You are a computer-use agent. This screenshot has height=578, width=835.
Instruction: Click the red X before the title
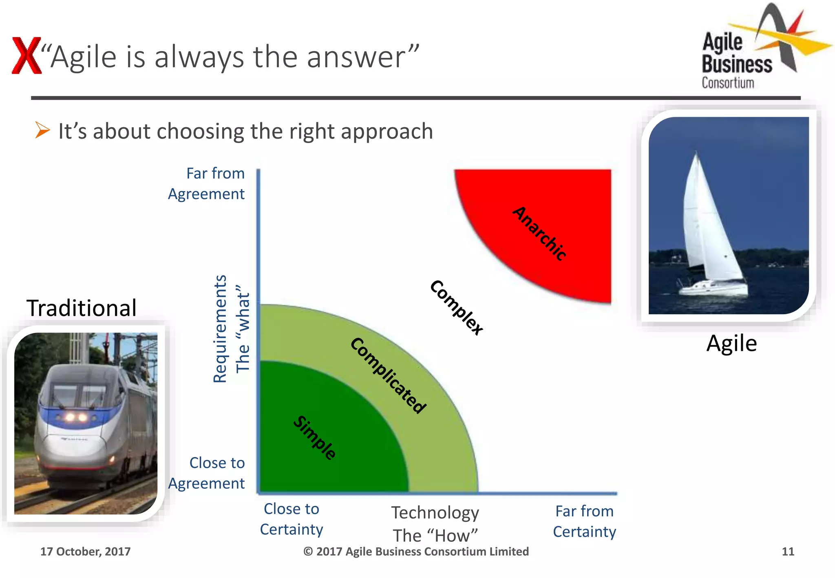point(27,55)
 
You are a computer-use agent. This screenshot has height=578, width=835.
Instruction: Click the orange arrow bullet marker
point(42,130)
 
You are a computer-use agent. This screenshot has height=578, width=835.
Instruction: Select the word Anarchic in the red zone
point(539,233)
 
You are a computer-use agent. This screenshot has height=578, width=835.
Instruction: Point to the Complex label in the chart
point(457,307)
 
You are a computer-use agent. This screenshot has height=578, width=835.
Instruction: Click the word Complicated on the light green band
point(388,375)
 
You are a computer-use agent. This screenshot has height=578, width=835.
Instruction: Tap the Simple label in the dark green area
point(315,438)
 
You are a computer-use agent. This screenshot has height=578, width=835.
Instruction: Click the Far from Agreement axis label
point(207,183)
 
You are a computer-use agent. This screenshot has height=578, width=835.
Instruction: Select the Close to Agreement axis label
point(207,473)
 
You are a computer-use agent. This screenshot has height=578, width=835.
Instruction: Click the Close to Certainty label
point(292,519)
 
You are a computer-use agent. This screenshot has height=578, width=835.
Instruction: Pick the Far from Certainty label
point(584,521)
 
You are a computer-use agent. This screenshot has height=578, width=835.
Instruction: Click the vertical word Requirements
point(220,329)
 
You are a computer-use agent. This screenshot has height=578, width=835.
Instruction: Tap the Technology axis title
point(435,512)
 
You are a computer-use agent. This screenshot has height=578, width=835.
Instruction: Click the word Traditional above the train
point(82,308)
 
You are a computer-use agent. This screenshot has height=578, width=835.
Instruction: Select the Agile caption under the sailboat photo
point(731,343)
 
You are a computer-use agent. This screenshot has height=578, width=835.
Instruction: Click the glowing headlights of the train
point(75,417)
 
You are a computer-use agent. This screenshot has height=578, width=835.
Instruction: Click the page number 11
point(788,552)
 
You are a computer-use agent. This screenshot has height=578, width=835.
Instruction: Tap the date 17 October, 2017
point(85,552)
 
